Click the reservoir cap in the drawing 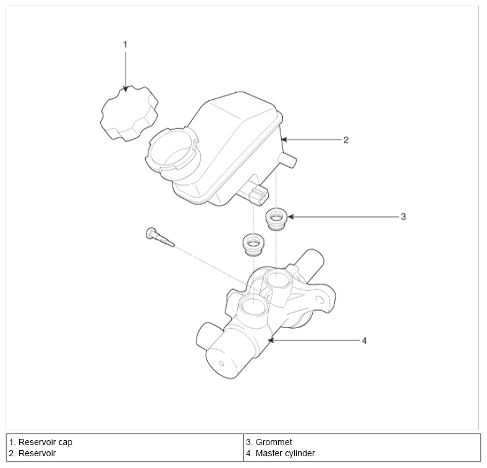pos(129,113)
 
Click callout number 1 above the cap pos(125,45)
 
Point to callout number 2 pos(346,140)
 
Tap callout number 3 pos(403,217)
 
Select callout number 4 pos(364,340)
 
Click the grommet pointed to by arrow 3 pos(276,219)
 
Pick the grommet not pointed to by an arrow pos(253,245)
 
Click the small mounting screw pos(159,238)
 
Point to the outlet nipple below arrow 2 pos(287,160)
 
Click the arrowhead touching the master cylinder pos(271,340)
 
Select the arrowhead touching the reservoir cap pos(125,89)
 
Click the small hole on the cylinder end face pos(221,363)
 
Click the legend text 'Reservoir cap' pos(45,442)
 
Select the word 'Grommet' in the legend pos(274,442)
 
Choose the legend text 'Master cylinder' pos(285,453)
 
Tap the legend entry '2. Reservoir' pos(32,453)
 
